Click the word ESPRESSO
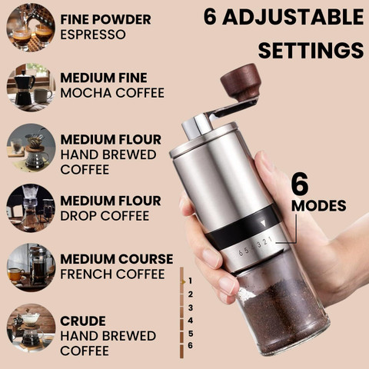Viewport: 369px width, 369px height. click(x=93, y=35)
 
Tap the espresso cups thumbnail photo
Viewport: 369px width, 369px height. click(x=31, y=28)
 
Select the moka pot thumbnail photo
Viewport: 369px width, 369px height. click(x=31, y=87)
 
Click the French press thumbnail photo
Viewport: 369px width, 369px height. click(x=31, y=268)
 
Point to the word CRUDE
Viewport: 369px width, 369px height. click(x=83, y=321)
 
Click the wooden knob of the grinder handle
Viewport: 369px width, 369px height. click(x=241, y=81)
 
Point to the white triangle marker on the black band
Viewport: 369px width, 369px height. click(x=263, y=224)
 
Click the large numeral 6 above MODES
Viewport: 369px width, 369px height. click(x=300, y=184)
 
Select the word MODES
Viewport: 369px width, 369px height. click(x=319, y=206)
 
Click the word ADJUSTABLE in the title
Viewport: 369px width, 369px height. click(x=294, y=17)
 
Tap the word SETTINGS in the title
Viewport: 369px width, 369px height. click(x=311, y=50)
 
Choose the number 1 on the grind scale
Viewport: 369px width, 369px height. click(x=190, y=281)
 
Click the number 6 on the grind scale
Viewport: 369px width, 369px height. click(x=190, y=345)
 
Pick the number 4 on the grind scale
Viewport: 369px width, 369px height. click(x=190, y=321)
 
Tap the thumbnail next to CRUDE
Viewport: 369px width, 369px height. click(x=31, y=328)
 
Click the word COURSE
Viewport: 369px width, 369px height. click(x=146, y=259)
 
